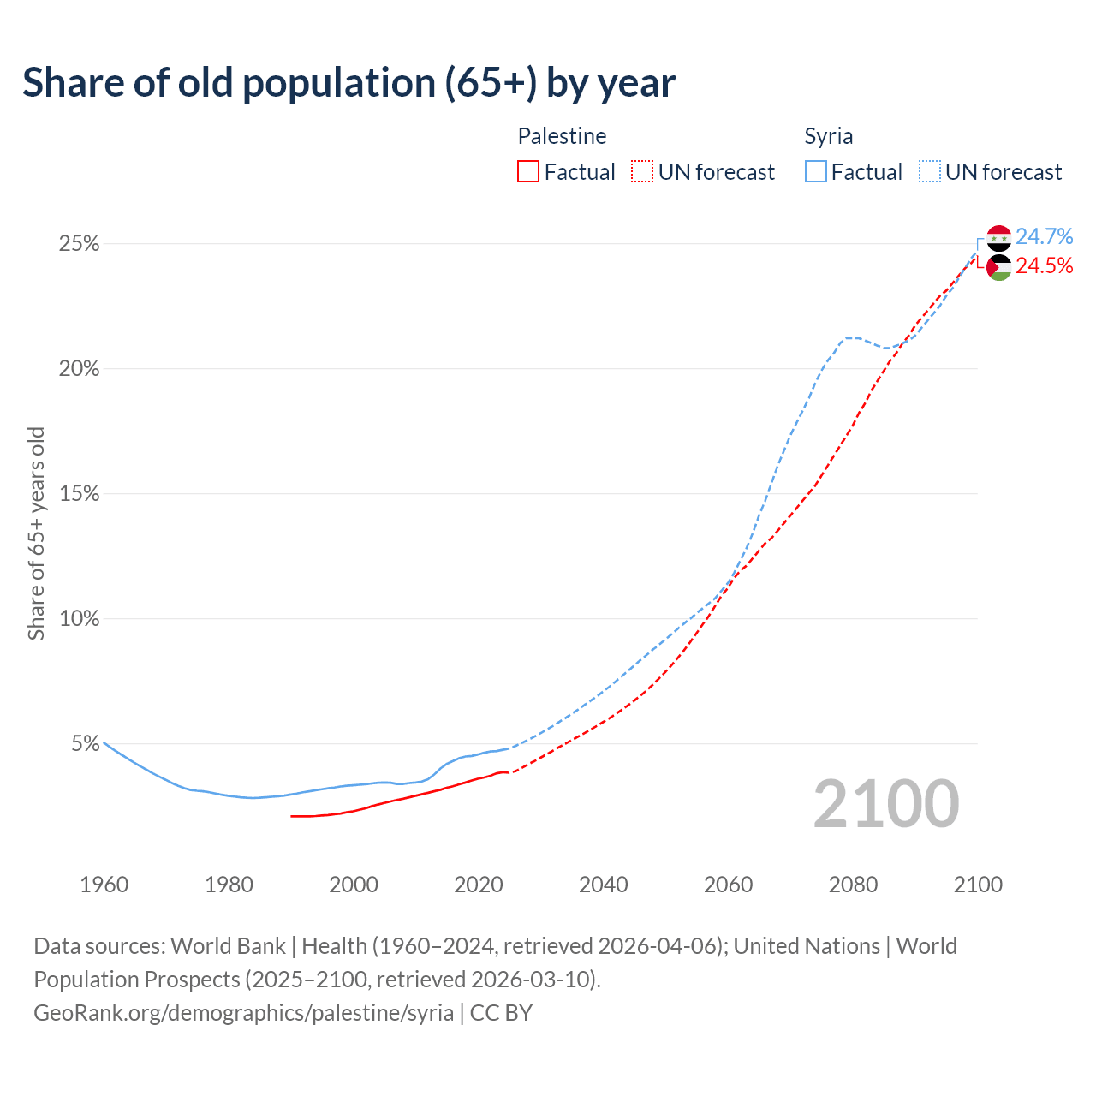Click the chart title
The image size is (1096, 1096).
[348, 83]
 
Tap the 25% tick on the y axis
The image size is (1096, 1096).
[79, 244]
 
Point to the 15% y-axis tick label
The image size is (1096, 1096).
[79, 494]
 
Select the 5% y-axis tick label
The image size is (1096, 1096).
[85, 744]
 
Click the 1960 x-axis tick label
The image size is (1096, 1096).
[104, 885]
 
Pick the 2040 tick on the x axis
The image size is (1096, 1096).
[603, 885]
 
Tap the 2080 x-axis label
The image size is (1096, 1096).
[853, 885]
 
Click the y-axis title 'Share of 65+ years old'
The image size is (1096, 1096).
[36, 533]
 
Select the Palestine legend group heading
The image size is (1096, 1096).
[562, 136]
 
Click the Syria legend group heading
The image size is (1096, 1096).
[828, 136]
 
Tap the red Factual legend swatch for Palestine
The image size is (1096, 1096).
[528, 172]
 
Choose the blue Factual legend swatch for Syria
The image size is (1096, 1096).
[815, 172]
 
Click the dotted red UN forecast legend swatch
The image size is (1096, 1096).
[642, 172]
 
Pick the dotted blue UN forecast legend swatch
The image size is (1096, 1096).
[929, 172]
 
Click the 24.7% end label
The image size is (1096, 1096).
[1044, 236]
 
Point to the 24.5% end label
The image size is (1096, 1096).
[1044, 266]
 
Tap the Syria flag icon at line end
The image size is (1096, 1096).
[998, 238]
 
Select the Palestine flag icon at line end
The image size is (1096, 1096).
[998, 267]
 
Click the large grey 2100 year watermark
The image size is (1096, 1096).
[885, 804]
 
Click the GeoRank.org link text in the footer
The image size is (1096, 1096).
[243, 1013]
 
